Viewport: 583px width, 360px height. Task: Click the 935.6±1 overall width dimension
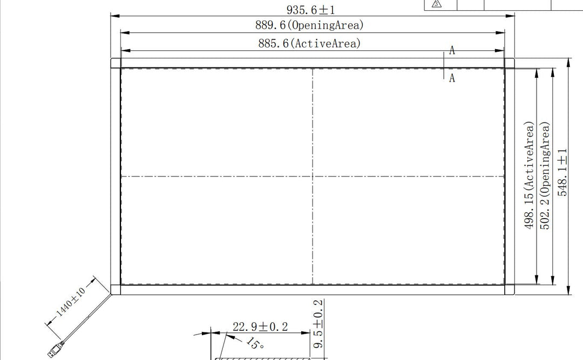[x=310, y=10]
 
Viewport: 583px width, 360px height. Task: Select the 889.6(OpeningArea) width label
[x=309, y=25]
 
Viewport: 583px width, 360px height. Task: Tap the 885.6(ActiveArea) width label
[x=309, y=44]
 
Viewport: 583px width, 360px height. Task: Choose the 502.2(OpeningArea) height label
[x=545, y=175]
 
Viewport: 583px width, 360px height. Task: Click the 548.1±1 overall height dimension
[x=562, y=172]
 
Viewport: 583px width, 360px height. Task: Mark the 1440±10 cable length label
[x=70, y=301]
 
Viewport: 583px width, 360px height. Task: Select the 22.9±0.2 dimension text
[x=260, y=327]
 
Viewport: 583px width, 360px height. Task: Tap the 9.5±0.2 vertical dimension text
[x=318, y=324]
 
